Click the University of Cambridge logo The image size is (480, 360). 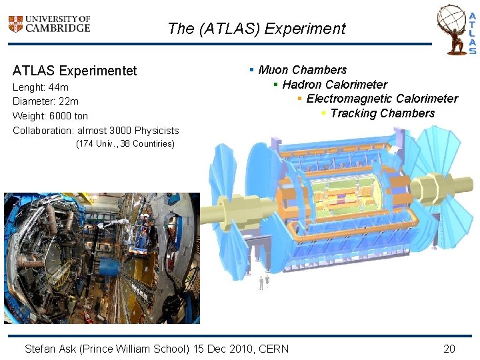[x=49, y=24]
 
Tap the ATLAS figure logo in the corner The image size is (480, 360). [x=457, y=30]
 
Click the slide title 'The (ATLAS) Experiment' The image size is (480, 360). [x=257, y=29]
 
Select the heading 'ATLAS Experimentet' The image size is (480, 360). [x=75, y=71]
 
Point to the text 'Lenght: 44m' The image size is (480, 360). [x=41, y=87]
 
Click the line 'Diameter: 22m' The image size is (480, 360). [x=45, y=101]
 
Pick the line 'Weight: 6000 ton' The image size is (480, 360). [x=50, y=116]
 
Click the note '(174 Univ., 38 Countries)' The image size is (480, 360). [x=125, y=144]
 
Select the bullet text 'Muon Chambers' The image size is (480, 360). [x=302, y=70]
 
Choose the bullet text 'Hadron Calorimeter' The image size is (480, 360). [x=335, y=85]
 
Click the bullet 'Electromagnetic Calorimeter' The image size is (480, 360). [x=382, y=99]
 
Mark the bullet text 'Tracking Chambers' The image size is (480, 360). [x=382, y=113]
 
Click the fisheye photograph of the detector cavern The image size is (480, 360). [x=101, y=258]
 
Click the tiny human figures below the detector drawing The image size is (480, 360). [x=264, y=282]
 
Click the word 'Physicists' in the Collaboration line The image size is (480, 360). [x=157, y=130]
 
